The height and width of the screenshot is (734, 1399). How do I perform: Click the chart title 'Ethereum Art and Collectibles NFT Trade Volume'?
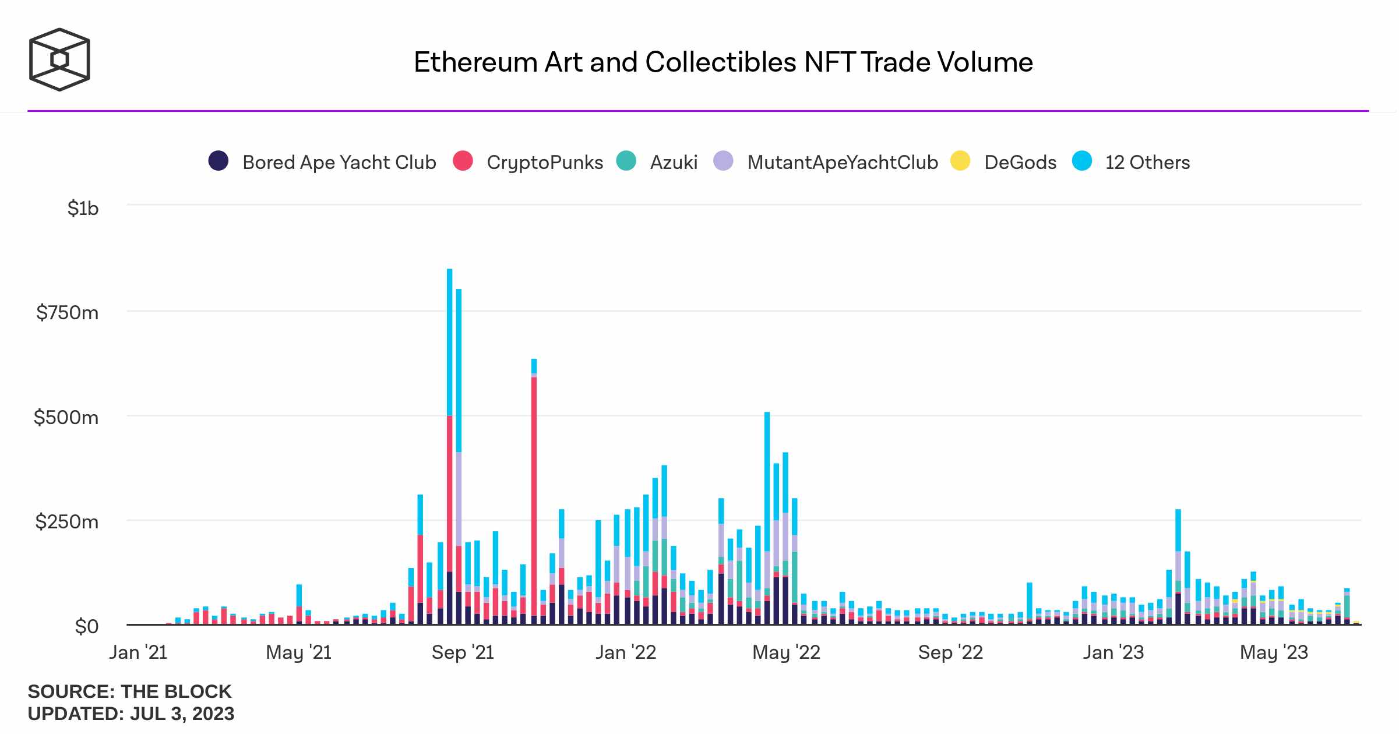[723, 62]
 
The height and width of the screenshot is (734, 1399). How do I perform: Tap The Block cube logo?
[59, 59]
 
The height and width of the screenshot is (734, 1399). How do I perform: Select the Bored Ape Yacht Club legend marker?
[219, 161]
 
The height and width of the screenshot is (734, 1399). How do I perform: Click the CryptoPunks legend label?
[545, 162]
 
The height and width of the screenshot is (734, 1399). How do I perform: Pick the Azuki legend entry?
[674, 162]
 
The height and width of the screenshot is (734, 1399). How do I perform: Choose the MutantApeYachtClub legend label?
[843, 162]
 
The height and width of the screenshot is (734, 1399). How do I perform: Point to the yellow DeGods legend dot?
[960, 161]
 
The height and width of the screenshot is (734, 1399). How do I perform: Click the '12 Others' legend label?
[1147, 162]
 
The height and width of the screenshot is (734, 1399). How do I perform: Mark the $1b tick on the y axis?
[83, 208]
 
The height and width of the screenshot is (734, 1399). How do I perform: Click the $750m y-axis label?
[68, 313]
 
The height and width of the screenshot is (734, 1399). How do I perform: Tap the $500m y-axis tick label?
[66, 417]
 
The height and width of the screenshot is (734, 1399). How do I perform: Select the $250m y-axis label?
[67, 521]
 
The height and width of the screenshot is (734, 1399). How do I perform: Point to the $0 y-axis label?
[87, 626]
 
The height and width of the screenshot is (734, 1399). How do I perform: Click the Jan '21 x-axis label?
[138, 652]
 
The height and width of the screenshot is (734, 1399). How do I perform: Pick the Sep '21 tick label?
[463, 652]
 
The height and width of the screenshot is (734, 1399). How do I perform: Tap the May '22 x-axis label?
[786, 652]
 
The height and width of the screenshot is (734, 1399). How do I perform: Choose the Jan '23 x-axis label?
[1113, 652]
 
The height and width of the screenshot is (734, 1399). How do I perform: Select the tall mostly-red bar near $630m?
[534, 495]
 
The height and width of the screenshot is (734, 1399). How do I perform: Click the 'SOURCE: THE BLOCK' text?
[129, 691]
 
